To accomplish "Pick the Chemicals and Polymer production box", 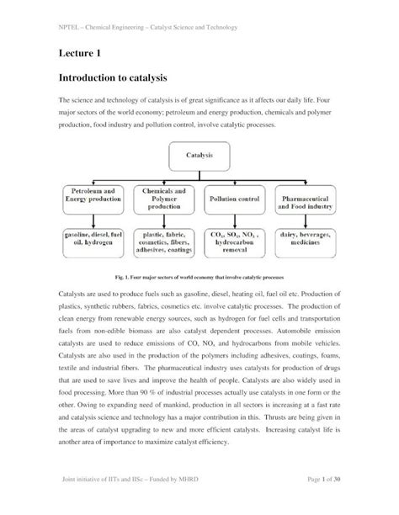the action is tap(164, 199).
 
